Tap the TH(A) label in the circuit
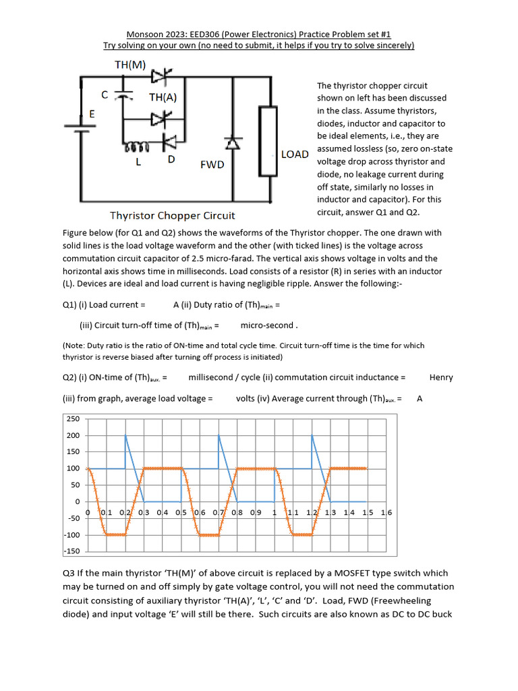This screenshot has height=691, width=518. pos(163,96)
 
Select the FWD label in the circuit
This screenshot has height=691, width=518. pos(212,164)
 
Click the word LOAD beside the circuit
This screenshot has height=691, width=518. pos(295,154)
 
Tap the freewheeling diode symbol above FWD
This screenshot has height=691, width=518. pos(233,143)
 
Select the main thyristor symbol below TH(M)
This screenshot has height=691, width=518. pos(159,77)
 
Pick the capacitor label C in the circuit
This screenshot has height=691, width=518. pos(105,94)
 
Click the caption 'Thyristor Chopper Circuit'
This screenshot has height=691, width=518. pos(173,216)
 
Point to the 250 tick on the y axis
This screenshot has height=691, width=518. pos(72,419)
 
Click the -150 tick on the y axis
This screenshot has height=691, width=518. pos(71,551)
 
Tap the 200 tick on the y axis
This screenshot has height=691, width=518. pos(72,435)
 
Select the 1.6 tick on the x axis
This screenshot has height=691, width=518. pos(386,513)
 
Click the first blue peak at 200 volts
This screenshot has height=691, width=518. pos(125,436)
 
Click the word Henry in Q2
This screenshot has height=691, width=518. pos(441,377)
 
